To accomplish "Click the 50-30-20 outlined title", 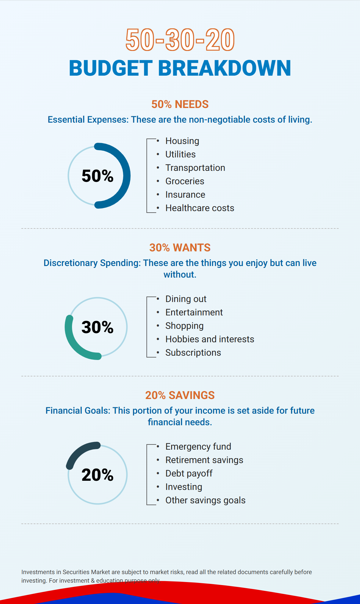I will click(180, 40).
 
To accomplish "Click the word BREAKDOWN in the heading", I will click(225, 68).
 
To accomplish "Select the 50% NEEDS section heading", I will click(180, 104).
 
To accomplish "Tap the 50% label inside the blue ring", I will click(98, 176).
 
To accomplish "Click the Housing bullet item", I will click(182, 141).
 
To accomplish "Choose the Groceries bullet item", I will click(185, 181).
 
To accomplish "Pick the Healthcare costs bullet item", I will click(200, 208).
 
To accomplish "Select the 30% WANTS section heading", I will click(180, 248).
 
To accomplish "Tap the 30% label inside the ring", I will click(98, 327).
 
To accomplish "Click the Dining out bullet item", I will click(186, 299).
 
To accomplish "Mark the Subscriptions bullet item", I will click(193, 353).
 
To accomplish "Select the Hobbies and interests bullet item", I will click(210, 339).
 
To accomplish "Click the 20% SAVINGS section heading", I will click(180, 395).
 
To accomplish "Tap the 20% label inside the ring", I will click(98, 475).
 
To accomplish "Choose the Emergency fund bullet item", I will click(198, 447).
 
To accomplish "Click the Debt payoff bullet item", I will click(189, 473).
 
